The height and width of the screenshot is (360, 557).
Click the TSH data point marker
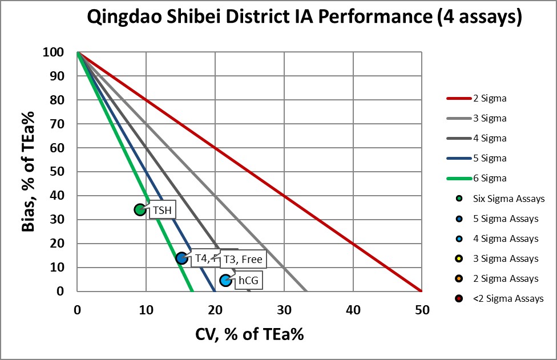[x=140, y=210]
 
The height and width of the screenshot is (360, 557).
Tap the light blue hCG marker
[x=226, y=280]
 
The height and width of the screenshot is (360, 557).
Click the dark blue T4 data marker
[x=181, y=258]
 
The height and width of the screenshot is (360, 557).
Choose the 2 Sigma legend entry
[x=476, y=98]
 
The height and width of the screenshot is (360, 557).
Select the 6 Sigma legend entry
[x=476, y=178]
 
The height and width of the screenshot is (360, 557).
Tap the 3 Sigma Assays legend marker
[x=459, y=258]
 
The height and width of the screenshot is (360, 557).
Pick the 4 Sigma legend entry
[x=476, y=138]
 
